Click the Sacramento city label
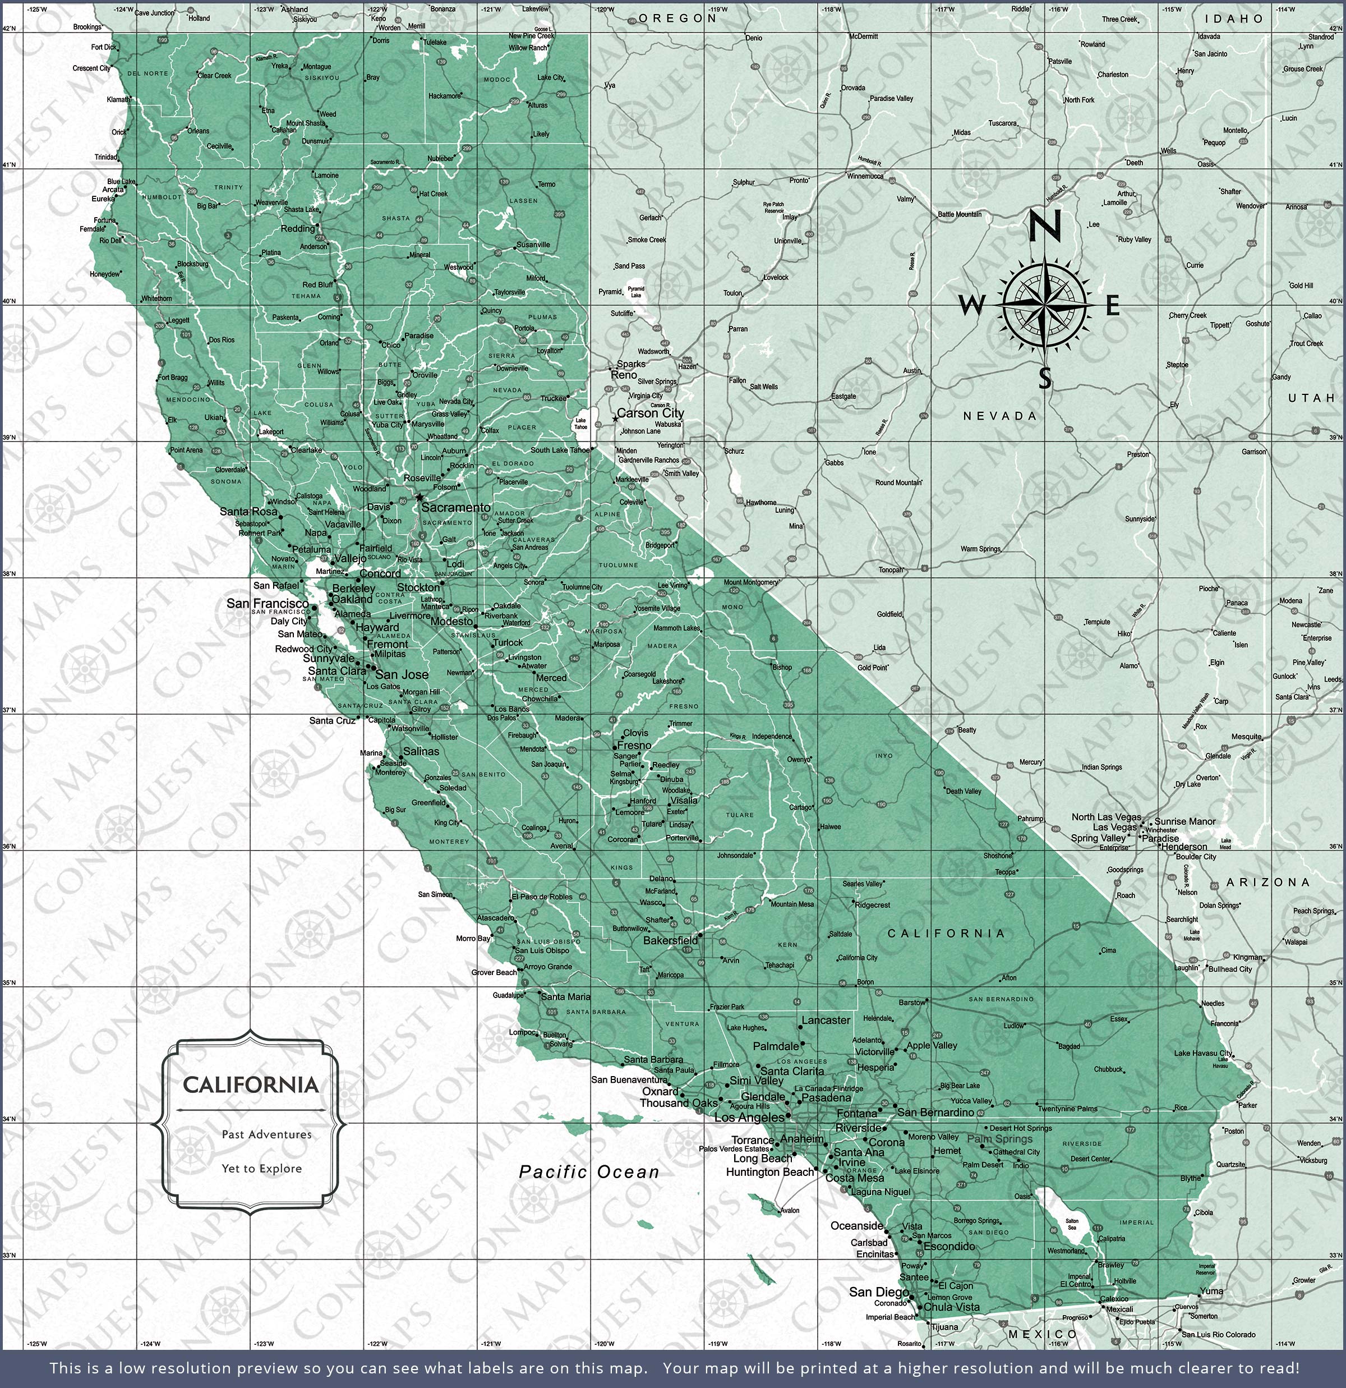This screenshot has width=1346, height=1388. (x=455, y=507)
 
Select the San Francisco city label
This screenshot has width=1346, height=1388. (x=268, y=603)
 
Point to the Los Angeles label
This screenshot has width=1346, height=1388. (x=749, y=1118)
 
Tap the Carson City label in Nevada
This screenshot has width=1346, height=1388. (x=650, y=413)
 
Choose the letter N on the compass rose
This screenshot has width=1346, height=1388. (x=1044, y=227)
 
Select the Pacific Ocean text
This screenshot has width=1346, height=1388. (x=589, y=1172)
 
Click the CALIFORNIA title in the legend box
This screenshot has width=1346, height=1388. (x=251, y=1085)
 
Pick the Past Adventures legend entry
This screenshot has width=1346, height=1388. (x=266, y=1134)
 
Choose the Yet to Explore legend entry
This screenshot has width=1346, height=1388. (x=261, y=1169)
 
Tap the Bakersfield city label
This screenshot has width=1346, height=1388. (x=670, y=940)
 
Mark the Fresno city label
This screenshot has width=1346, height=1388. (x=634, y=745)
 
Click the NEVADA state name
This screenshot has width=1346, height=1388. (x=1000, y=416)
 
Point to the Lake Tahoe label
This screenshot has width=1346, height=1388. (x=580, y=424)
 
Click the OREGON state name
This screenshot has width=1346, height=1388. (x=677, y=18)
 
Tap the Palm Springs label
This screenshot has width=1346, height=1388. (x=1000, y=1139)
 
